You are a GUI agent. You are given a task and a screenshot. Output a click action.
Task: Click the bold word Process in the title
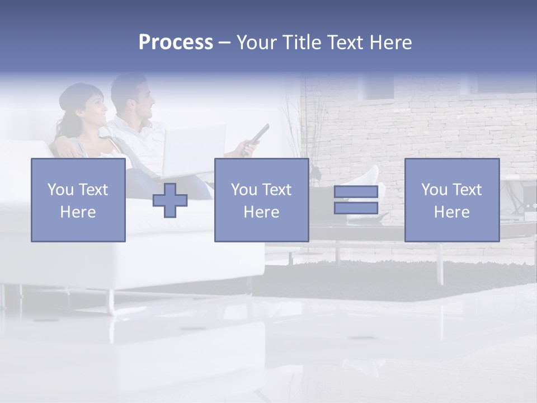pyautogui.click(x=176, y=43)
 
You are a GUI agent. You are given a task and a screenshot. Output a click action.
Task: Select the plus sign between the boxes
pyautogui.click(x=170, y=200)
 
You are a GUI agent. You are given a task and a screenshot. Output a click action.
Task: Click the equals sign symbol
pyautogui.click(x=356, y=200)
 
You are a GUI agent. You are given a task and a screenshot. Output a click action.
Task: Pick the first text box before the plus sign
pyautogui.click(x=78, y=200)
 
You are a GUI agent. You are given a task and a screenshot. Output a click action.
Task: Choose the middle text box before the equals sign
pyautogui.click(x=261, y=200)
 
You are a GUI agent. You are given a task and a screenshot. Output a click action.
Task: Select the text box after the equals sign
pyautogui.click(x=452, y=200)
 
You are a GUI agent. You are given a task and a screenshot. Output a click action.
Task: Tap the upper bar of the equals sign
pyautogui.click(x=356, y=192)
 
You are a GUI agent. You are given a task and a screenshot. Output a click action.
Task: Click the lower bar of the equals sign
pyautogui.click(x=356, y=208)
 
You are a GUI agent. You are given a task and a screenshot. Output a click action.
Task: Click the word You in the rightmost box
pyautogui.click(x=434, y=190)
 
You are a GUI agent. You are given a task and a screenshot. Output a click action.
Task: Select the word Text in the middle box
pyautogui.click(x=276, y=190)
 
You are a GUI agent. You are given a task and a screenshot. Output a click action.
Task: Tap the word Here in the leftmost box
pyautogui.click(x=78, y=212)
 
